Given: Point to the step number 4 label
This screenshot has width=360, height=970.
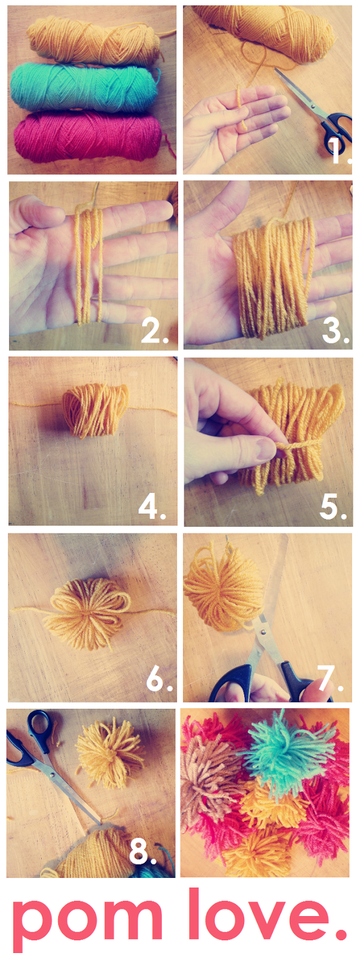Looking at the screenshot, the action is point(152,507).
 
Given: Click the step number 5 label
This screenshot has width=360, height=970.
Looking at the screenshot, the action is point(333,507).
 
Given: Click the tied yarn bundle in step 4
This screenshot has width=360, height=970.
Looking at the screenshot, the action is point(96,409).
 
